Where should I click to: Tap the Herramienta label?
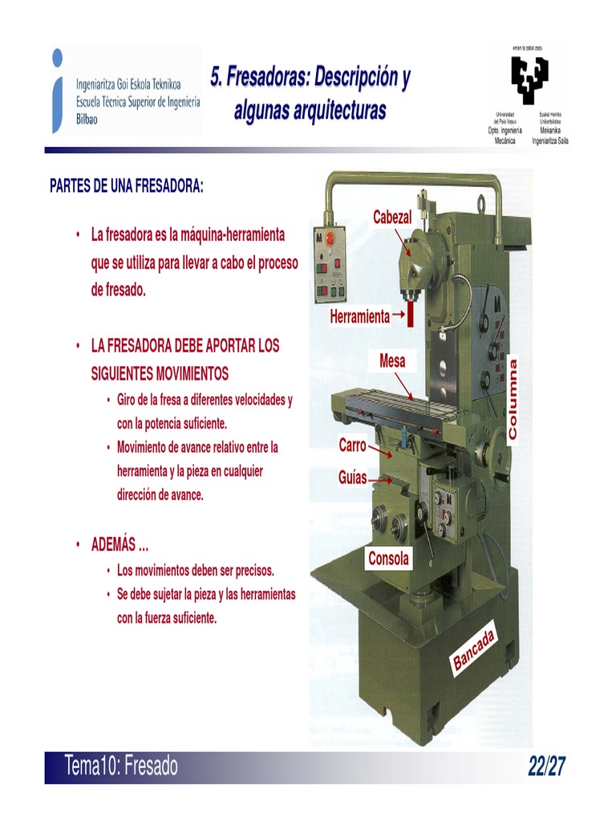359,317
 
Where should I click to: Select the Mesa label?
392,361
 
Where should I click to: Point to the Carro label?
352,445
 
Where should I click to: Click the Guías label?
352,478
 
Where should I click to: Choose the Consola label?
388,559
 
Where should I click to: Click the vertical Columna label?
513,399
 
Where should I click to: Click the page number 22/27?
547,767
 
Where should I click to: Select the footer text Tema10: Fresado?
122,767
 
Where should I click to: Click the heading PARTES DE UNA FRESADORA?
127,186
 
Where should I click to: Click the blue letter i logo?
56,89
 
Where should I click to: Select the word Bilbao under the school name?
90,116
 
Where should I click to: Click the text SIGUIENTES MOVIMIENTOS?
160,373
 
